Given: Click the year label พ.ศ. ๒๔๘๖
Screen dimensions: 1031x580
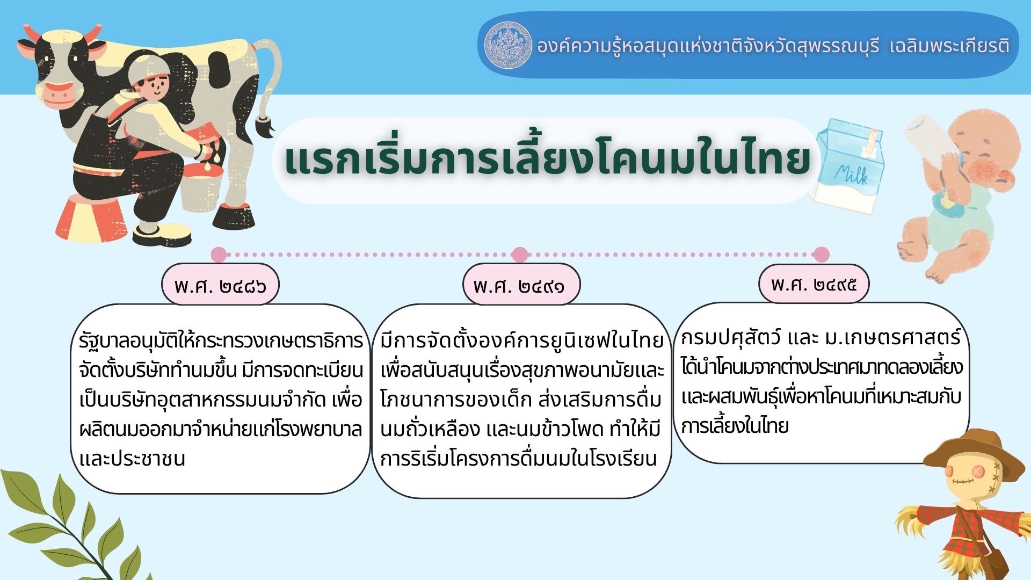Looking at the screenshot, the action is (220, 285).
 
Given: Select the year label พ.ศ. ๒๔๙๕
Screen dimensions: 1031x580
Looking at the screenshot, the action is (814, 284).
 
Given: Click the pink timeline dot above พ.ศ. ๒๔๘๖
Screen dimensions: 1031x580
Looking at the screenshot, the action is (219, 255).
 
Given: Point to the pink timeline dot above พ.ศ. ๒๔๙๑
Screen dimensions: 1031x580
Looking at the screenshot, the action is (520, 255).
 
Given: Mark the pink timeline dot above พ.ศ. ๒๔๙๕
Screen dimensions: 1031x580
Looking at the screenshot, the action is (822, 255).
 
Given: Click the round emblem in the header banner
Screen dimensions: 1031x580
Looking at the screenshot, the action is (508, 45).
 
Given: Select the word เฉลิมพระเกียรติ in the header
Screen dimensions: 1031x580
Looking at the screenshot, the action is (949, 46).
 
